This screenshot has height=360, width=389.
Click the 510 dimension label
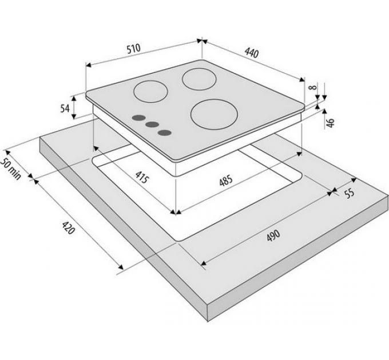click(134, 49)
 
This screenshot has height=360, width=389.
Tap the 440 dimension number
click(252, 53)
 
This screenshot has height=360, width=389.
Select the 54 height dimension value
click(65, 108)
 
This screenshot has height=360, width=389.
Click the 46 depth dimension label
click(330, 123)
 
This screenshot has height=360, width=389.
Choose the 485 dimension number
click(226, 181)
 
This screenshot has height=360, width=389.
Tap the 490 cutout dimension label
click(273, 235)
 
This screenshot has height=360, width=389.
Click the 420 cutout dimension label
click(68, 228)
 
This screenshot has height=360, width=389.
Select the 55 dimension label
click(350, 193)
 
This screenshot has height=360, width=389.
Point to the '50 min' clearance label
click(10, 169)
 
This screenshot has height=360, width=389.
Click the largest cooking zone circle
click(214, 114)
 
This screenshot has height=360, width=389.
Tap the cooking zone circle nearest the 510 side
click(150, 91)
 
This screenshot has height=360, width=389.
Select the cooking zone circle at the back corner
click(199, 79)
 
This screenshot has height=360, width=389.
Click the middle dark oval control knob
click(152, 125)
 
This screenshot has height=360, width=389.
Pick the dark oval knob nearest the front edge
click(165, 133)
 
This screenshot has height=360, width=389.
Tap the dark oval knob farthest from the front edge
click(138, 118)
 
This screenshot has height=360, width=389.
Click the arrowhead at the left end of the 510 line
click(89, 65)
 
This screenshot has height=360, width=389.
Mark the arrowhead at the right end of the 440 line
click(301, 79)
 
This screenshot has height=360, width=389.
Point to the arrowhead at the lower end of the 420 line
click(120, 266)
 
